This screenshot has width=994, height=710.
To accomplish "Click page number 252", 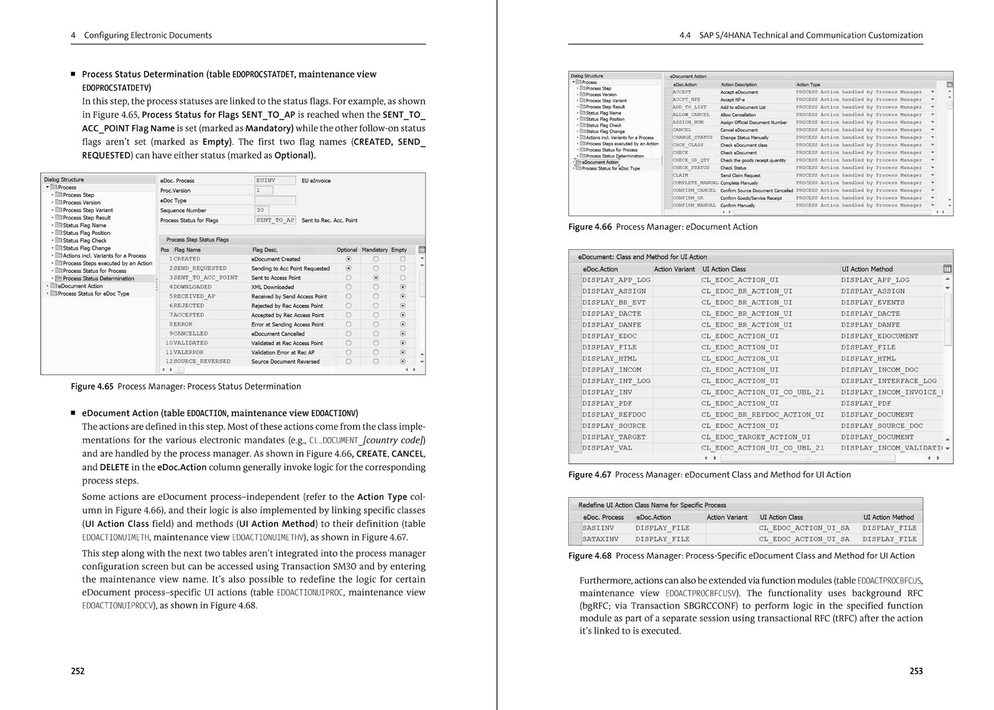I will (x=78, y=671).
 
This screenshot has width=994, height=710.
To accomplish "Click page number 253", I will (x=916, y=671).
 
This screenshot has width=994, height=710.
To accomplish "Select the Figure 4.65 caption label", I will (x=92, y=386).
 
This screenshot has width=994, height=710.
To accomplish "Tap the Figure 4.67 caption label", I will (x=590, y=474).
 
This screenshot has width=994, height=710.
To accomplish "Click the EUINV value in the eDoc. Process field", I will (x=266, y=180).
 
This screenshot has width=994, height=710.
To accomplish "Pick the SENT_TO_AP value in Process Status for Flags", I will (x=275, y=220).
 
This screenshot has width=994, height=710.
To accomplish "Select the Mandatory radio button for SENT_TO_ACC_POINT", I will (x=376, y=277).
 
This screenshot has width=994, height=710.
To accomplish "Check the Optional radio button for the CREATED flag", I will (x=349, y=259).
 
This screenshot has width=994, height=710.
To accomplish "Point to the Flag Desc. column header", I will (x=265, y=250).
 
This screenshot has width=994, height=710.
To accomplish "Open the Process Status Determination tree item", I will (x=98, y=279).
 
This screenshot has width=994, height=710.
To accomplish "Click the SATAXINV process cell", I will (x=600, y=539).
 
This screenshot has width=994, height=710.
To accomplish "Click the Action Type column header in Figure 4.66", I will (x=808, y=85).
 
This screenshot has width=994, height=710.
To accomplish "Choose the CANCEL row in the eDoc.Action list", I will (x=682, y=130).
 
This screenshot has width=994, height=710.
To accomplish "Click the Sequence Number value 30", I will (x=260, y=210).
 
